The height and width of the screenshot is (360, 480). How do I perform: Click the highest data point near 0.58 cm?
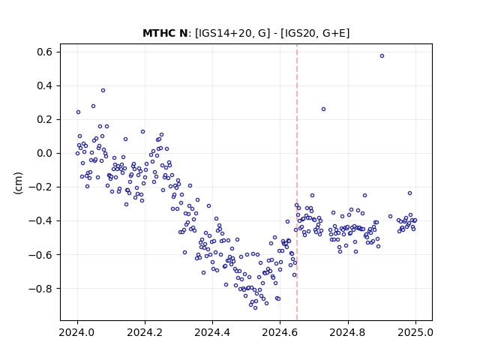(x=382, y=56)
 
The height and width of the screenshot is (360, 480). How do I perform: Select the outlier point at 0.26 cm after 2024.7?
(x=323, y=109)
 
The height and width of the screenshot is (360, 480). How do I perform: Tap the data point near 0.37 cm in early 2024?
(x=103, y=90)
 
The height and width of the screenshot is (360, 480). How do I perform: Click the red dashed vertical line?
(x=297, y=182)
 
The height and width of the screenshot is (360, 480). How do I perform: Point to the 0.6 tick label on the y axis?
(x=45, y=52)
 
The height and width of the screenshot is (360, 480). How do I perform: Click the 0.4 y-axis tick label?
(x=45, y=85)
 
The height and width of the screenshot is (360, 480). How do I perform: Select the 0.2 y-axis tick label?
(x=45, y=120)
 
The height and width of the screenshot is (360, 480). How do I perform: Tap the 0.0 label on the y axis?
(x=45, y=153)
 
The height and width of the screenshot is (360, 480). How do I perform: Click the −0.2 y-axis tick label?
(x=40, y=187)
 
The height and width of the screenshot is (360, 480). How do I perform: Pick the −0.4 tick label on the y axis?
(x=40, y=220)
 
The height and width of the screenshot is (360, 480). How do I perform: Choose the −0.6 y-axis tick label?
(x=40, y=255)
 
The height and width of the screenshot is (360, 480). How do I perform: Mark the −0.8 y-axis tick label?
(x=40, y=288)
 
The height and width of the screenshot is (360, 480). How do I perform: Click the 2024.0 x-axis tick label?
(x=77, y=332)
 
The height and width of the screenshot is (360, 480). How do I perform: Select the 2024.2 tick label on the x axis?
(x=145, y=332)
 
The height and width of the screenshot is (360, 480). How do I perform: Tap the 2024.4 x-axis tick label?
(x=212, y=332)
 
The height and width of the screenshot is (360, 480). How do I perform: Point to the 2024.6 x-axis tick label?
(x=280, y=332)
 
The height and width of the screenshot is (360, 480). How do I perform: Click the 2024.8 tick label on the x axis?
(x=348, y=332)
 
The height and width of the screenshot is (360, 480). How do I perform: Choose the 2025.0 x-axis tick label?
(x=415, y=332)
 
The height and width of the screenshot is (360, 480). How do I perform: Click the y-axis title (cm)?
(x=18, y=183)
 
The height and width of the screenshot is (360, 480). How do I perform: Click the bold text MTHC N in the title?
(x=165, y=33)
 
